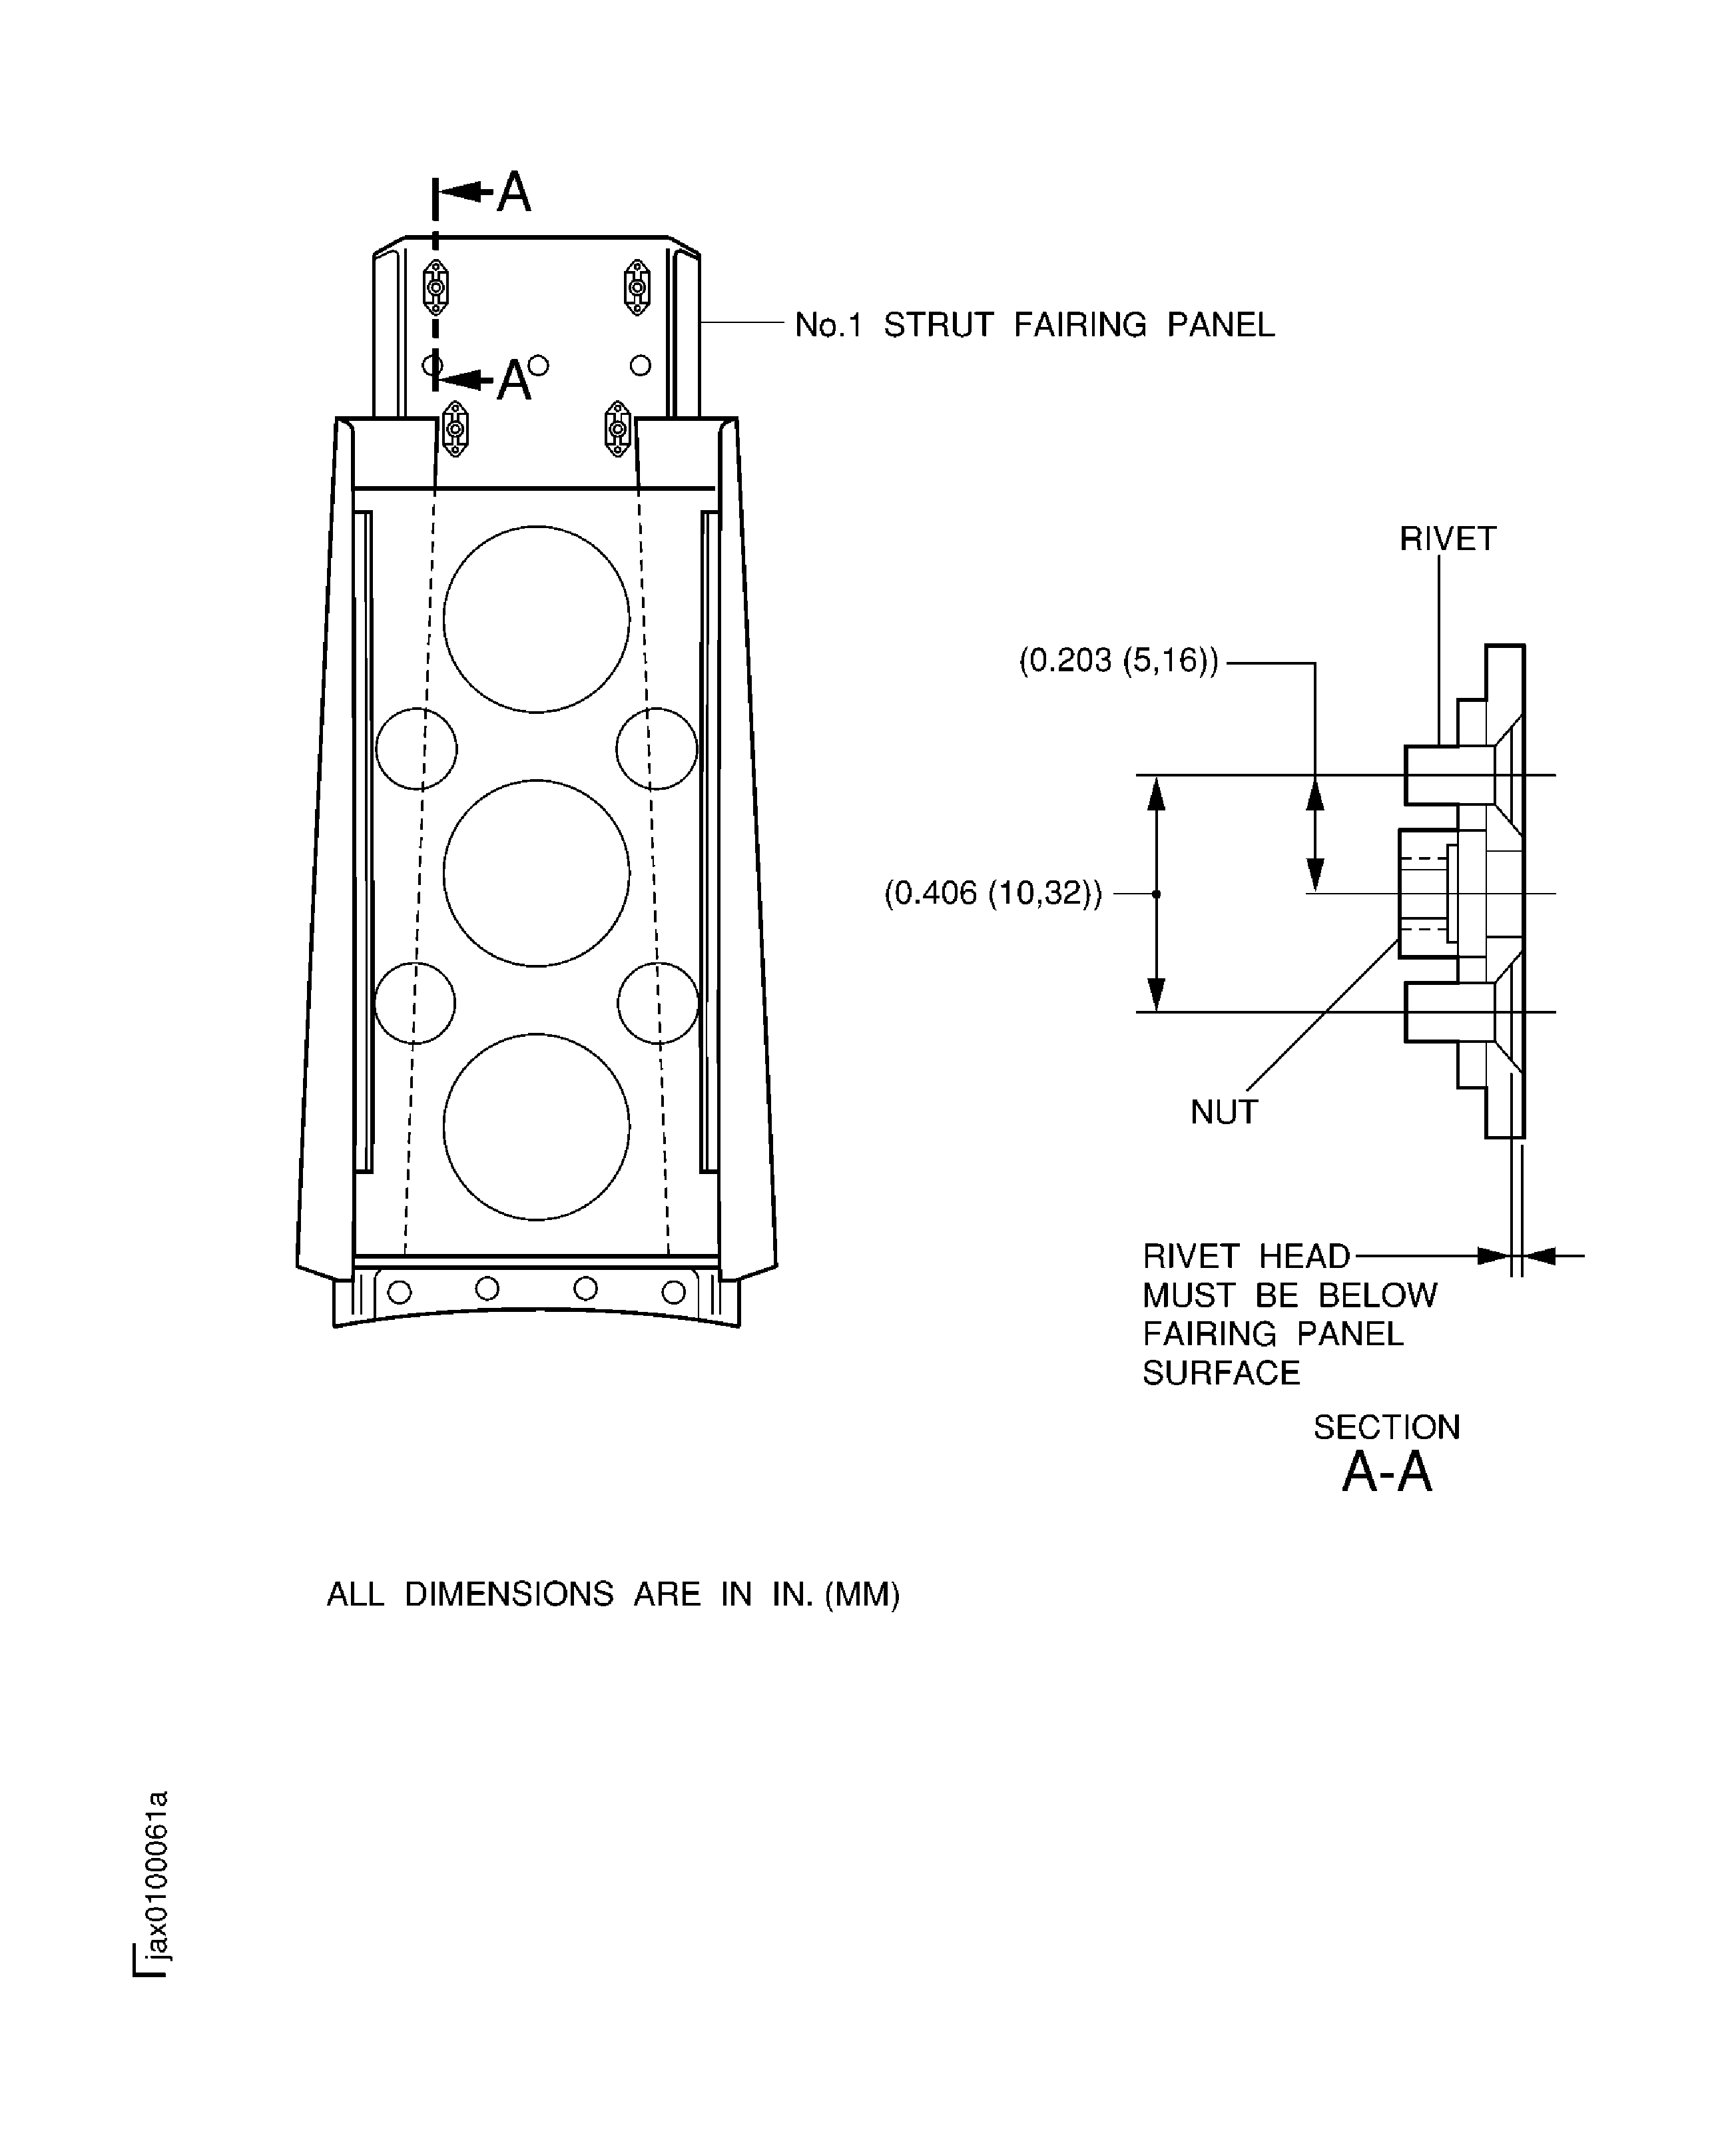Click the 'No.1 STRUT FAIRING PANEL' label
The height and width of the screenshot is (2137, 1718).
pos(1034,325)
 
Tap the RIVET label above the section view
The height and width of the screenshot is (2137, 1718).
pos(1446,539)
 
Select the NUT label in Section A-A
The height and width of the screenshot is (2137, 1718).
pos(1223,1112)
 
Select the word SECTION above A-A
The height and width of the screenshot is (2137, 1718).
pos(1386,1427)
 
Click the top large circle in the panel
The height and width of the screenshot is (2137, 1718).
pos(535,619)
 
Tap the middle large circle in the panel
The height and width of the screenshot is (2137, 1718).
pos(535,873)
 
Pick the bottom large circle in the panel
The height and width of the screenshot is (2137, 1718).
pos(535,1127)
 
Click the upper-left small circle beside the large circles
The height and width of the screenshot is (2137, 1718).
pos(416,749)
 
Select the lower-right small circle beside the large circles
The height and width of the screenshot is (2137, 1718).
pos(657,1003)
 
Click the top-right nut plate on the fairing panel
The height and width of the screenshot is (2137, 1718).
pos(637,288)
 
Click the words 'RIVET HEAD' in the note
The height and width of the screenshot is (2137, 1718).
pos(1245,1257)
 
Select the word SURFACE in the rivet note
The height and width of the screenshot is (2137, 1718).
pos(1221,1373)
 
